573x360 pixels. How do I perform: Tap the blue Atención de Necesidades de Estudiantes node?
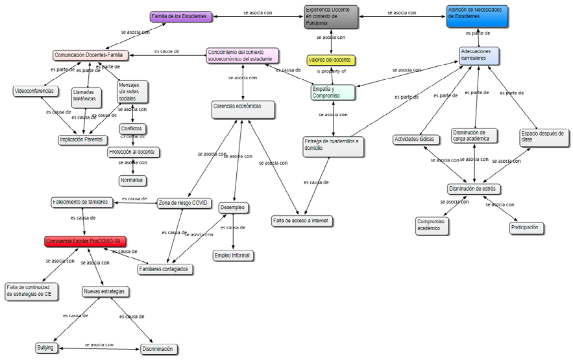[x=477, y=17]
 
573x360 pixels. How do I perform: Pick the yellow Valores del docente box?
[x=330, y=60]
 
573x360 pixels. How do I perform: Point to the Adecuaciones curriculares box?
[x=480, y=54]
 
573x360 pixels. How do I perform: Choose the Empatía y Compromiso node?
[x=332, y=93]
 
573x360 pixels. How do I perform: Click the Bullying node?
[x=45, y=348]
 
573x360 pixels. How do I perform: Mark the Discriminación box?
[x=158, y=349]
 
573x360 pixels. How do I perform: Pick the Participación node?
[x=526, y=228]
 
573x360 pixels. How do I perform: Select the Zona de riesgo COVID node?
[x=184, y=204]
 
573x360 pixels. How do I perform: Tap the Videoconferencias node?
[x=34, y=91]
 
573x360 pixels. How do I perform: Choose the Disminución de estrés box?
[x=474, y=189]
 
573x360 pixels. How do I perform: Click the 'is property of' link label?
[x=331, y=71]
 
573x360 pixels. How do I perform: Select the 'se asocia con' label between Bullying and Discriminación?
[x=99, y=345]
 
